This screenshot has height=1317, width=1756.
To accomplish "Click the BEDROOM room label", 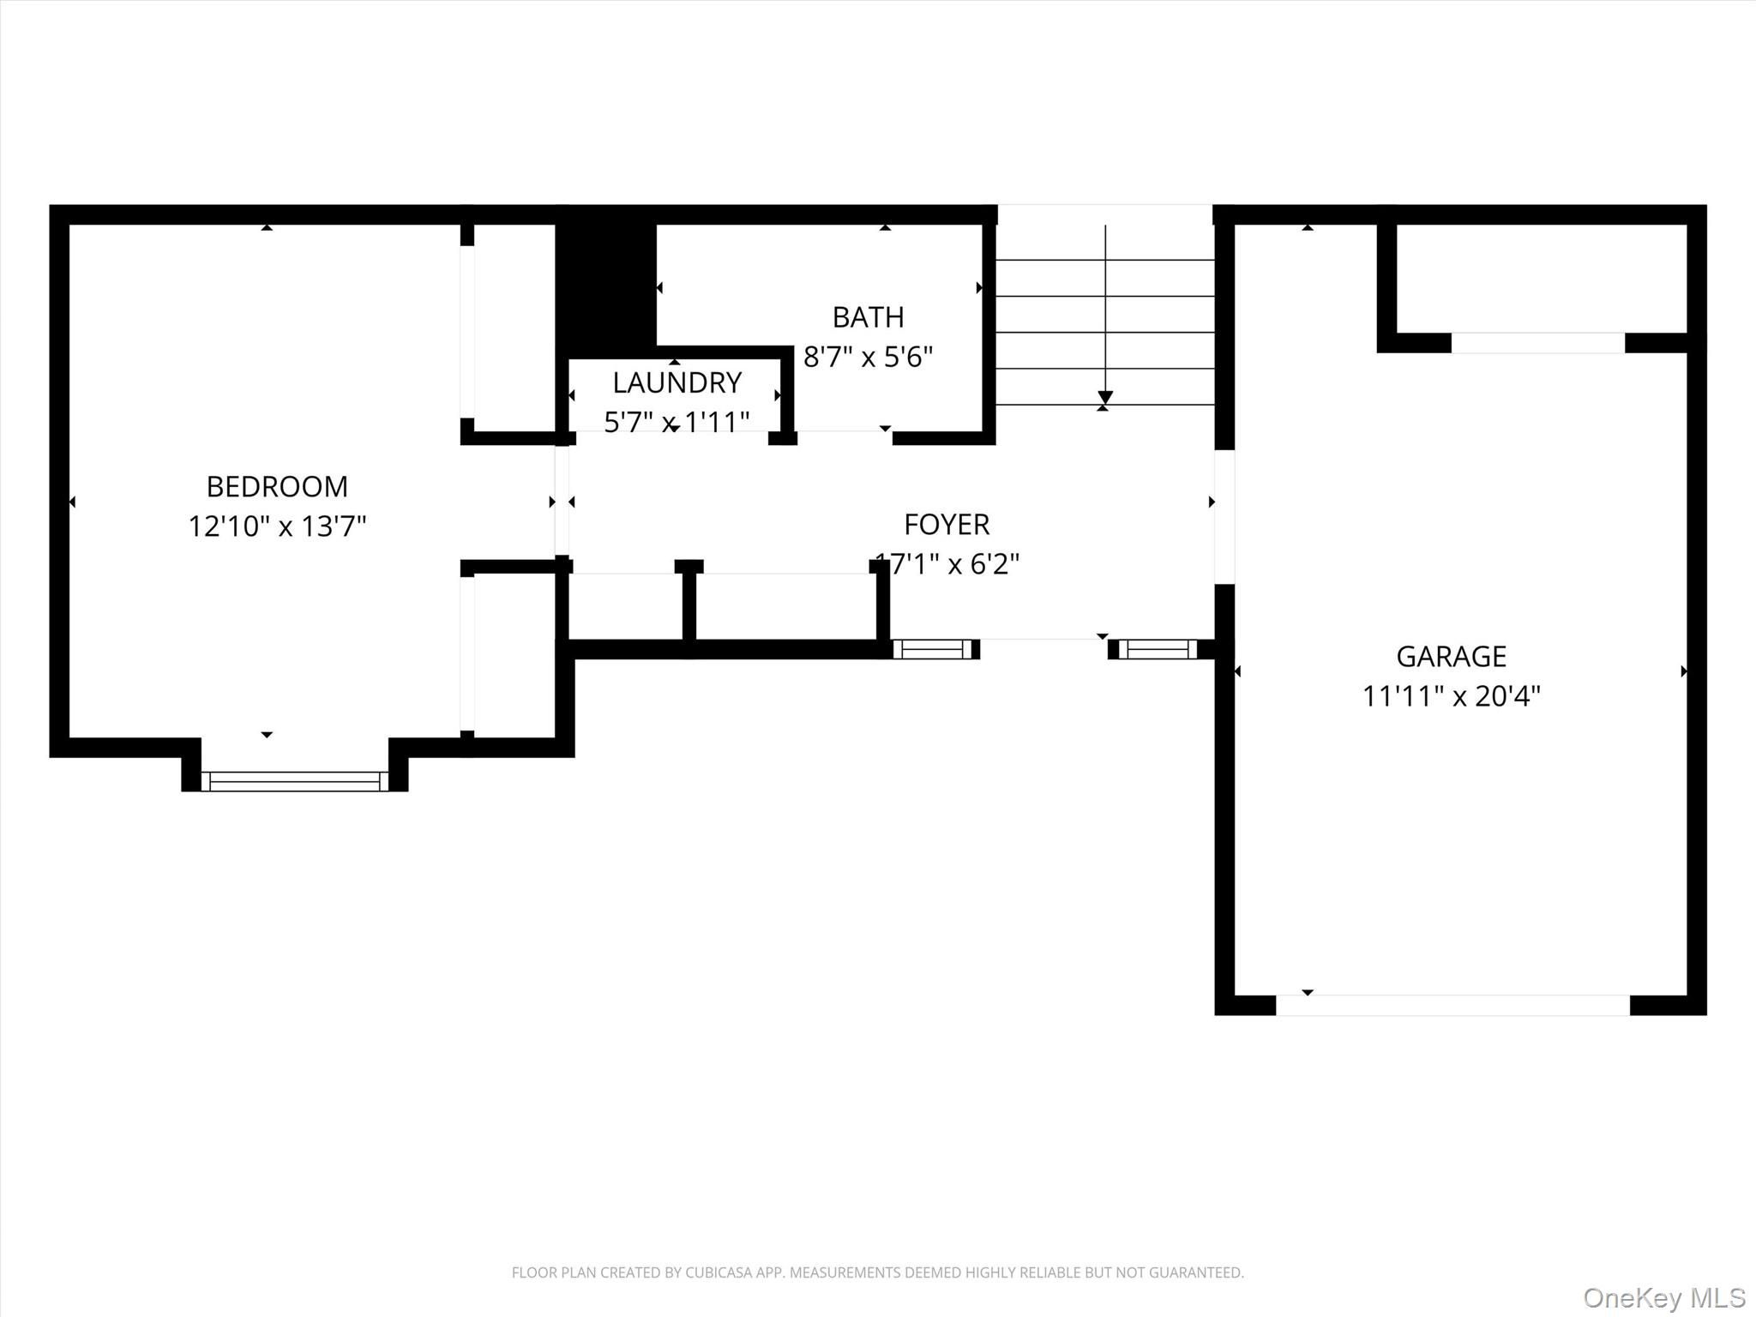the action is (x=277, y=487).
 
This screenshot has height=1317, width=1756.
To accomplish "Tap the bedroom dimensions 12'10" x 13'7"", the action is (x=277, y=526).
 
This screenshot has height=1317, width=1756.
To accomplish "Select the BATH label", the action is (x=868, y=317).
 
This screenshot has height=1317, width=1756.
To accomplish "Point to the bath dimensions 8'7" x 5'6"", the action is (x=868, y=356).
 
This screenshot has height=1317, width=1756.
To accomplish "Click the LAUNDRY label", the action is (x=677, y=382).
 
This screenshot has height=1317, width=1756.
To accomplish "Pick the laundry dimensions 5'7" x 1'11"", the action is (x=677, y=421).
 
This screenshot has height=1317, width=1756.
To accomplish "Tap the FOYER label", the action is (x=947, y=524).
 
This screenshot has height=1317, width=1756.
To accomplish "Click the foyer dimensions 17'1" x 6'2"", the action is (x=947, y=563).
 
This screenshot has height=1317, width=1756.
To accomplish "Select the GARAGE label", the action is (x=1451, y=657).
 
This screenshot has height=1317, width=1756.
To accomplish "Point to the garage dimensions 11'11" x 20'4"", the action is (x=1451, y=695).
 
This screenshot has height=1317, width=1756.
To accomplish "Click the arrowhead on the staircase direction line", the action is (x=1105, y=398).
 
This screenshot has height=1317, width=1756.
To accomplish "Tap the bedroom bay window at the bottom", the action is (x=294, y=781).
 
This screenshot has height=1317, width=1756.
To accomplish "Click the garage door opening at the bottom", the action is (x=1452, y=1005).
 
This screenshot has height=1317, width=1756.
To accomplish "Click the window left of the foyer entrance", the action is (x=933, y=649).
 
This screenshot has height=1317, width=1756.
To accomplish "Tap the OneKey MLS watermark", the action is (x=1663, y=1297).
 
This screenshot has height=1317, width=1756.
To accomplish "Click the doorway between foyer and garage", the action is (x=1224, y=517).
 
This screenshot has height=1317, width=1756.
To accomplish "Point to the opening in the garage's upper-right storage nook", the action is (x=1537, y=343).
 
